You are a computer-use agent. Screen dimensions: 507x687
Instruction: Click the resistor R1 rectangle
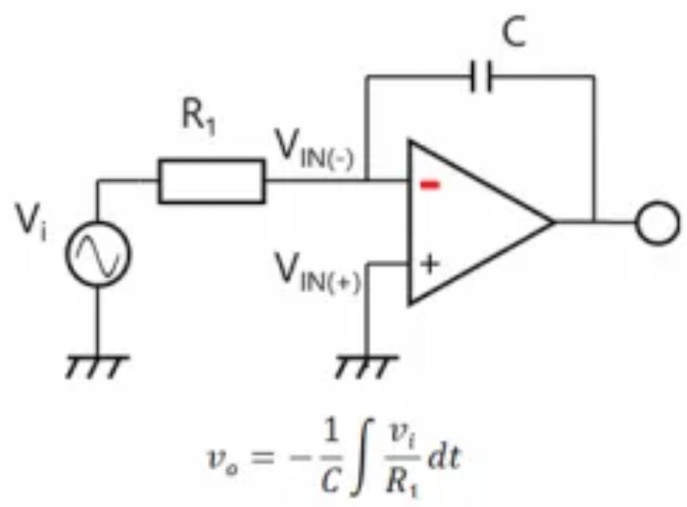[211, 181]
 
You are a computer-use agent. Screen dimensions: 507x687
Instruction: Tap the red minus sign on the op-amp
[429, 186]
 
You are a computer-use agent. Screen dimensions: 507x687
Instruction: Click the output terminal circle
[657, 222]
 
